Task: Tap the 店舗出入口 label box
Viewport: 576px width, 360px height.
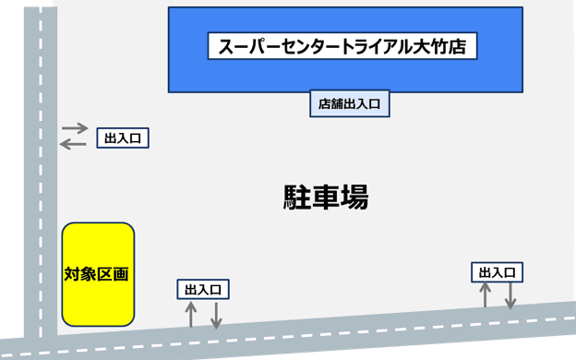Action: (349, 104)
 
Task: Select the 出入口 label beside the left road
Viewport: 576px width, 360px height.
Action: (123, 138)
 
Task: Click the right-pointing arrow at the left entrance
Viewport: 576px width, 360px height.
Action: (75, 127)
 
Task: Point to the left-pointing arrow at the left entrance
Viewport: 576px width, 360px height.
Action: (75, 143)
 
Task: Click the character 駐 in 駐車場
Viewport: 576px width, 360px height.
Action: (298, 197)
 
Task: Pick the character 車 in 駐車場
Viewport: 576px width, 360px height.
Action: (326, 197)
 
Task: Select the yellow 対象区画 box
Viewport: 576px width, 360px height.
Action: (98, 274)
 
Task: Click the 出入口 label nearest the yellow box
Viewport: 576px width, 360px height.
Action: (203, 290)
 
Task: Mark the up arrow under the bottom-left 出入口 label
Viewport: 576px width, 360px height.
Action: (191, 314)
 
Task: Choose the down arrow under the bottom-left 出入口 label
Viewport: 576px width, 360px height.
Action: (216, 314)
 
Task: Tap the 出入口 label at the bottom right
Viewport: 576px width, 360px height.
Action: (498, 272)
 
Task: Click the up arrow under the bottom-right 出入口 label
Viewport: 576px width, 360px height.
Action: (485, 294)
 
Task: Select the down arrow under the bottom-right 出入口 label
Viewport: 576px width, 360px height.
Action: (510, 294)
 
